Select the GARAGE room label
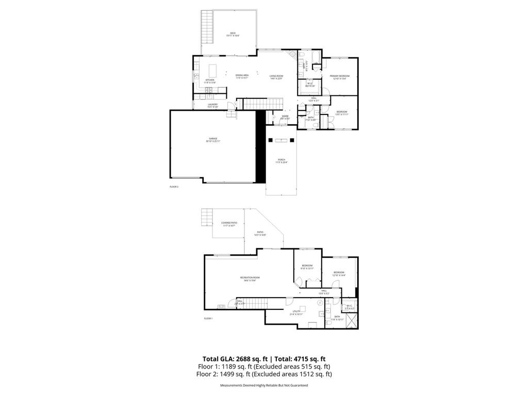213,139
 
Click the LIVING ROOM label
276,76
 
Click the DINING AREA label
242,76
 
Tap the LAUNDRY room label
213,105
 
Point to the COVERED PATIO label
229,224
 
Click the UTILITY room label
295,312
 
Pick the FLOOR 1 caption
208,319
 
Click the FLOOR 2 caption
174,187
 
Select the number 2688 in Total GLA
244,359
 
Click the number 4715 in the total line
301,359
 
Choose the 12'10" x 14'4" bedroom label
338,273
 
